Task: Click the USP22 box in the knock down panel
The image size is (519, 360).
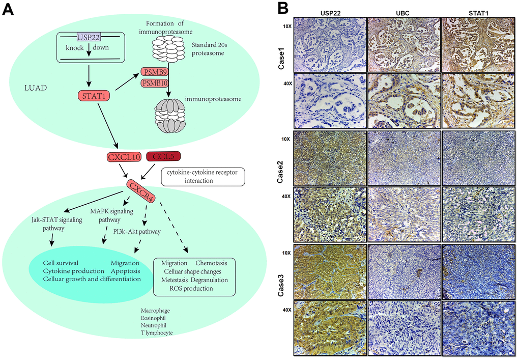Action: [89, 36]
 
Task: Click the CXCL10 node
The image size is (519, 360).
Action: [124, 157]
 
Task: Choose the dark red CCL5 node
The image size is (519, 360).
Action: [163, 156]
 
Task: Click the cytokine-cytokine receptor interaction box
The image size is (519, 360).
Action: [203, 177]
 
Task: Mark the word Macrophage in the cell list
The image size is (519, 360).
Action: [156, 311]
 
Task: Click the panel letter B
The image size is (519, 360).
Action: [283, 9]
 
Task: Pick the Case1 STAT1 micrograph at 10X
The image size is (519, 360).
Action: [479, 43]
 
